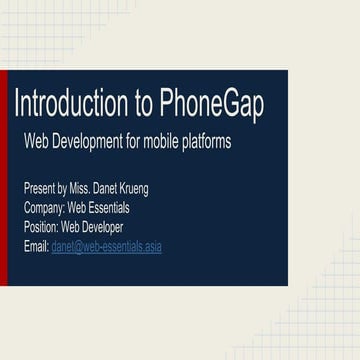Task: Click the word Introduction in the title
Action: pyautogui.click(x=70, y=104)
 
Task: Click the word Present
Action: pyautogui.click(x=39, y=189)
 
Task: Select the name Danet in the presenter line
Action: pyautogui.click(x=110, y=189)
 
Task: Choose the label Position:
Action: pyautogui.click(x=41, y=227)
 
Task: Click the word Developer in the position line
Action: pyautogui.click(x=103, y=227)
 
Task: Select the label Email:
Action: pyautogui.click(x=36, y=246)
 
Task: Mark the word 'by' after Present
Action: pyautogui.click(x=63, y=189)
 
